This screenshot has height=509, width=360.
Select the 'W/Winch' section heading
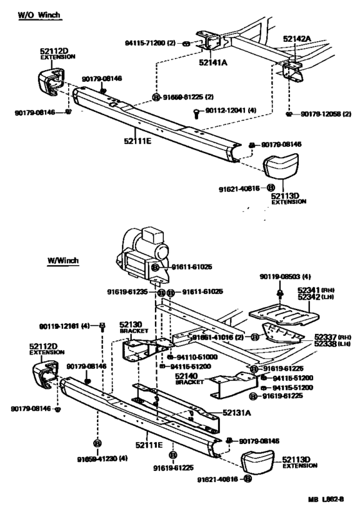(63, 261)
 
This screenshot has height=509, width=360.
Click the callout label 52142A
(296, 39)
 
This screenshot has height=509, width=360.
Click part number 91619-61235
(131, 292)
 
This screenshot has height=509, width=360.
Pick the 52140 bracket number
(188, 375)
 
